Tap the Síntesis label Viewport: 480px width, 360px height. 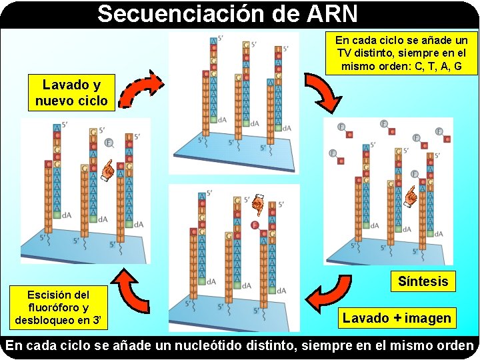coord(423,281)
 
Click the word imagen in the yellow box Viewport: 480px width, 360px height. coord(425,318)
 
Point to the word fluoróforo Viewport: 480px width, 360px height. coord(57,307)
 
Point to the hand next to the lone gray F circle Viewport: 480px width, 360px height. coord(106,170)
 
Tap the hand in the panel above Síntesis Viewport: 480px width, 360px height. coord(412,195)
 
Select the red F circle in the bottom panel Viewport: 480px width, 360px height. coord(254,226)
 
